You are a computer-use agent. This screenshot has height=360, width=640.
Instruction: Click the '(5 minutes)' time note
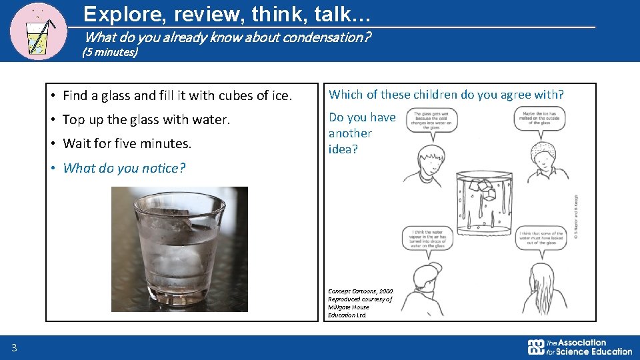click(109, 52)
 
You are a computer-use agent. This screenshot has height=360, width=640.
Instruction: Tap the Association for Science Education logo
click(579, 347)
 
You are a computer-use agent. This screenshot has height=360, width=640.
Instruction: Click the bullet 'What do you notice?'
click(124, 168)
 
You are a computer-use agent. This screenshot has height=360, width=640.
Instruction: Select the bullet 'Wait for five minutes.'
click(127, 143)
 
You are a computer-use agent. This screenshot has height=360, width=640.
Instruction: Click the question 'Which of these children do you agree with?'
click(446, 95)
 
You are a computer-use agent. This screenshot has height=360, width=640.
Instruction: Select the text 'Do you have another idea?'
click(362, 133)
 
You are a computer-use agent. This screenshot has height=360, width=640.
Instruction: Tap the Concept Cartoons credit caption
click(361, 303)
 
